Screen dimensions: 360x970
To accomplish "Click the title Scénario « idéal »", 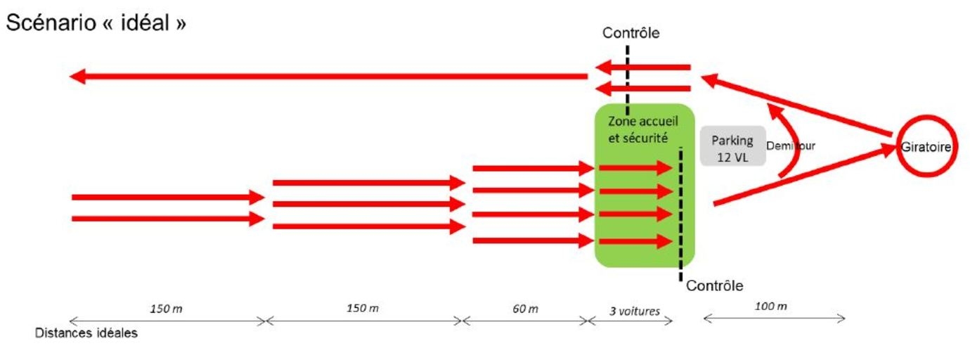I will click(x=96, y=23).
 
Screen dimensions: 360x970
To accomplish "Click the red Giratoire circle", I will click(x=926, y=148).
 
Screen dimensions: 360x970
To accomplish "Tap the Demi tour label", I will click(x=791, y=146).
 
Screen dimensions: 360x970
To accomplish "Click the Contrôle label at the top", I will click(x=631, y=32).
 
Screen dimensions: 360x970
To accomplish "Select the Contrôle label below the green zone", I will click(x=714, y=285).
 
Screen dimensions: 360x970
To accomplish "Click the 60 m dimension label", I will click(x=524, y=308).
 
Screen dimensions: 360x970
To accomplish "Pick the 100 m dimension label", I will click(x=771, y=307).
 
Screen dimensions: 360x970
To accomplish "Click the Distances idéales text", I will click(x=86, y=333).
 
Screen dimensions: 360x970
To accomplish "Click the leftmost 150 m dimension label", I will click(x=166, y=308).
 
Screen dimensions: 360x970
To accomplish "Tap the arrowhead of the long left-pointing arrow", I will click(x=78, y=76).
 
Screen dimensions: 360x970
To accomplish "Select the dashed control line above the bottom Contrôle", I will click(x=680, y=211).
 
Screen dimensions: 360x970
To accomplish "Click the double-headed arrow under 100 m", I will click(x=774, y=319).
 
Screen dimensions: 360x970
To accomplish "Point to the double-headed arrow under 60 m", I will click(x=524, y=321).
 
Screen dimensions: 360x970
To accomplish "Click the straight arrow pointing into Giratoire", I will click(x=801, y=176).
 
